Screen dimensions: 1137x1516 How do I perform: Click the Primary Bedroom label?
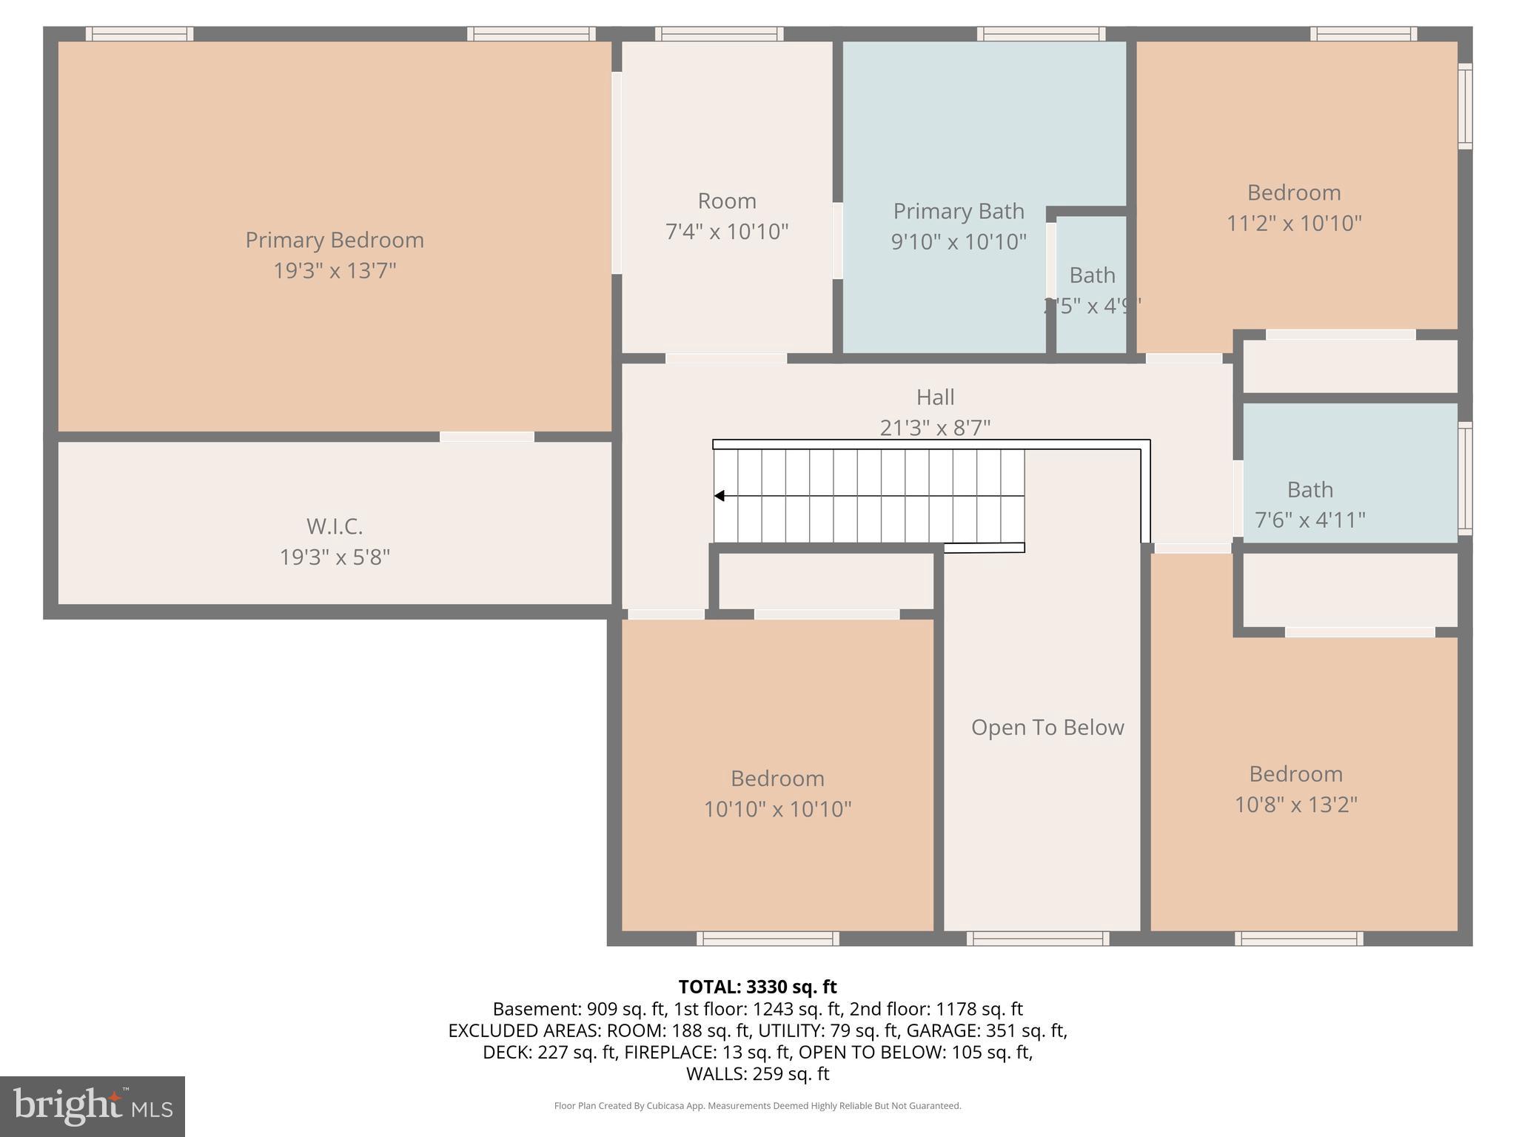point(335,240)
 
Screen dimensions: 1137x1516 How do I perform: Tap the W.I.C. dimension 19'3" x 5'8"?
point(335,557)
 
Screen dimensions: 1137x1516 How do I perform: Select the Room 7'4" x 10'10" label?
point(727,216)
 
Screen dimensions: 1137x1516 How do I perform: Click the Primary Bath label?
point(959,212)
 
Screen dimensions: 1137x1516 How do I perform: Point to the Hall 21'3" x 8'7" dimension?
point(935,428)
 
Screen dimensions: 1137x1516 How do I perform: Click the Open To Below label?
point(1047,728)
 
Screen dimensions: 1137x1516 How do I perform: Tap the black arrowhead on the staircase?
point(720,496)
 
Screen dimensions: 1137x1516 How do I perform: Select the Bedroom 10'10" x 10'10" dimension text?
point(777,809)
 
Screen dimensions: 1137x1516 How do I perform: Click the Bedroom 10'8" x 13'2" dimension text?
point(1295,805)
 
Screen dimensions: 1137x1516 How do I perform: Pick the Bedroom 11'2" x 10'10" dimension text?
point(1294,224)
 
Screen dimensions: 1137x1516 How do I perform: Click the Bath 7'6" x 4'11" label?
point(1309,490)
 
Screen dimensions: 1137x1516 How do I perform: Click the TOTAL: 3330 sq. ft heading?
point(757,987)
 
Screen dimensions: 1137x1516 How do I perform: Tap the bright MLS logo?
point(93,1106)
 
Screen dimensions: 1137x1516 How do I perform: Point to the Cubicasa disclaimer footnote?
point(757,1106)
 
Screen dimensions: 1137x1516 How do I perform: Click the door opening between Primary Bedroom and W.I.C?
point(487,437)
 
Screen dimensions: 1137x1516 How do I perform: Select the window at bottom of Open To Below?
point(1038,939)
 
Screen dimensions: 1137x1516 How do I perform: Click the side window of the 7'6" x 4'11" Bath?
point(1465,478)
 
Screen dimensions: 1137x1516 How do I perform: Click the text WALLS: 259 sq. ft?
point(757,1073)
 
